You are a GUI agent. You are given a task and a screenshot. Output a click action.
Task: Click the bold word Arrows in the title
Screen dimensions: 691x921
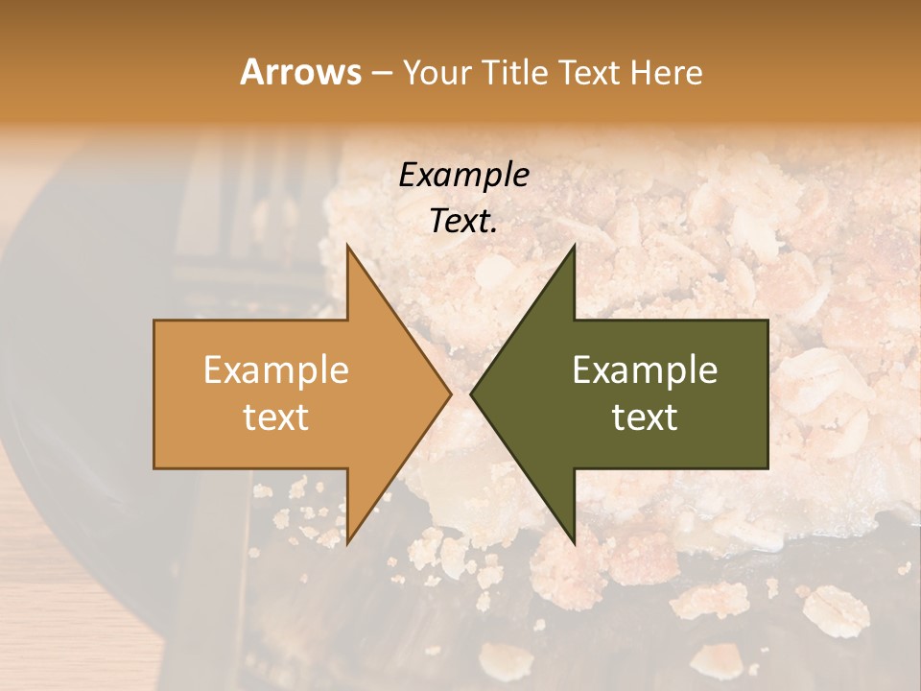pyautogui.click(x=301, y=72)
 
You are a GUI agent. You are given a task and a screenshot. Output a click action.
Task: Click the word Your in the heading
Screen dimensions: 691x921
pyautogui.click(x=439, y=73)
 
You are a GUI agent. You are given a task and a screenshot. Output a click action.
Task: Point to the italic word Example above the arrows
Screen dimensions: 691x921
pyautogui.click(x=463, y=175)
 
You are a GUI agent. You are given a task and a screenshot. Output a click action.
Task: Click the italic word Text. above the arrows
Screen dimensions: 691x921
pyautogui.click(x=463, y=221)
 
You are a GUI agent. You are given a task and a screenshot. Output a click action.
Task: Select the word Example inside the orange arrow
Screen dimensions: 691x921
pyautogui.click(x=275, y=369)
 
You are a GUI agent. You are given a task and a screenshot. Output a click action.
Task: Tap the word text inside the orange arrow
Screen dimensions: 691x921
pyautogui.click(x=275, y=417)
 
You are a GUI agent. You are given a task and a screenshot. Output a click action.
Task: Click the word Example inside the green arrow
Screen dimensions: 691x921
pyautogui.click(x=645, y=369)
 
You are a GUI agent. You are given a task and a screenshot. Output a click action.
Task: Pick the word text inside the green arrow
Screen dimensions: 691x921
pyautogui.click(x=645, y=417)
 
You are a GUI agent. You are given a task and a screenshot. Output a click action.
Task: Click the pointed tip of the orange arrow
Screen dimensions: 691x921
pyautogui.click(x=451, y=394)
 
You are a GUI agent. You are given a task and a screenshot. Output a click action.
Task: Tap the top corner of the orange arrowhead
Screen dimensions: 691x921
pyautogui.click(x=347, y=246)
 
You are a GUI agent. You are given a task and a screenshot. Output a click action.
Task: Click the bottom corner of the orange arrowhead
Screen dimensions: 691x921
pyautogui.click(x=347, y=543)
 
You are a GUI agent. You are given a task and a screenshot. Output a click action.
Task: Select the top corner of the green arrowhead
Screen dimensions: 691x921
pyautogui.click(x=575, y=246)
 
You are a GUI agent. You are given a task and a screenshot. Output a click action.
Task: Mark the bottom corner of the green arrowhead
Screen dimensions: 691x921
pyautogui.click(x=575, y=543)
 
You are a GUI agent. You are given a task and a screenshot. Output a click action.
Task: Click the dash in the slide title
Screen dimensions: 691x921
pyautogui.click(x=381, y=73)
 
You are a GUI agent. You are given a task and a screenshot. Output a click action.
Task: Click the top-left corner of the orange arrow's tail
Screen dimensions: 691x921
pyautogui.click(x=154, y=321)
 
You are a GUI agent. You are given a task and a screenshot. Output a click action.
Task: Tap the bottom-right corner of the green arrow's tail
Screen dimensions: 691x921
pyautogui.click(x=767, y=468)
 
